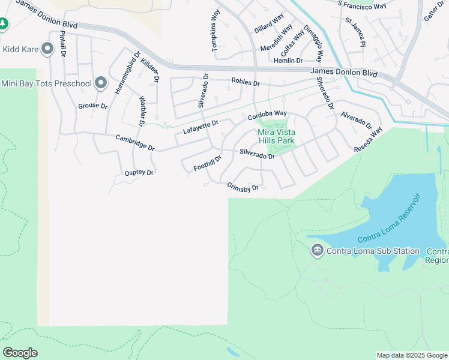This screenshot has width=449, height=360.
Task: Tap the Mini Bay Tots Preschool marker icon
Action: (101, 83)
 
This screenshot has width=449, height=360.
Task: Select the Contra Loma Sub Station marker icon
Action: (318, 251)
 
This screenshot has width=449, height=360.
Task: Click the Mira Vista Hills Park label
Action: (279, 137)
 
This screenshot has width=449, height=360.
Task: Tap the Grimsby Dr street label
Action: (243, 188)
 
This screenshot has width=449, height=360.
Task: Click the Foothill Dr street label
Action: (208, 163)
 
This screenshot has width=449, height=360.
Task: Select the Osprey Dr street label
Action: (139, 173)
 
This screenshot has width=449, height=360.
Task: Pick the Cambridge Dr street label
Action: (135, 143)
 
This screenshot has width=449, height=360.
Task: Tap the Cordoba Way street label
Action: (268, 114)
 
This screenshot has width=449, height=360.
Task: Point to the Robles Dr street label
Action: (246, 83)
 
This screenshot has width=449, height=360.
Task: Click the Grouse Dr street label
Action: (92, 106)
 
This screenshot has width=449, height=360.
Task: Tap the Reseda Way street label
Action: (368, 140)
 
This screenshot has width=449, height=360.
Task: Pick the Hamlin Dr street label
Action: (288, 61)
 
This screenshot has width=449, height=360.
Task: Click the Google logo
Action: (20, 353)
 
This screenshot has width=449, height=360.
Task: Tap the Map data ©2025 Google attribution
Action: (412, 355)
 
